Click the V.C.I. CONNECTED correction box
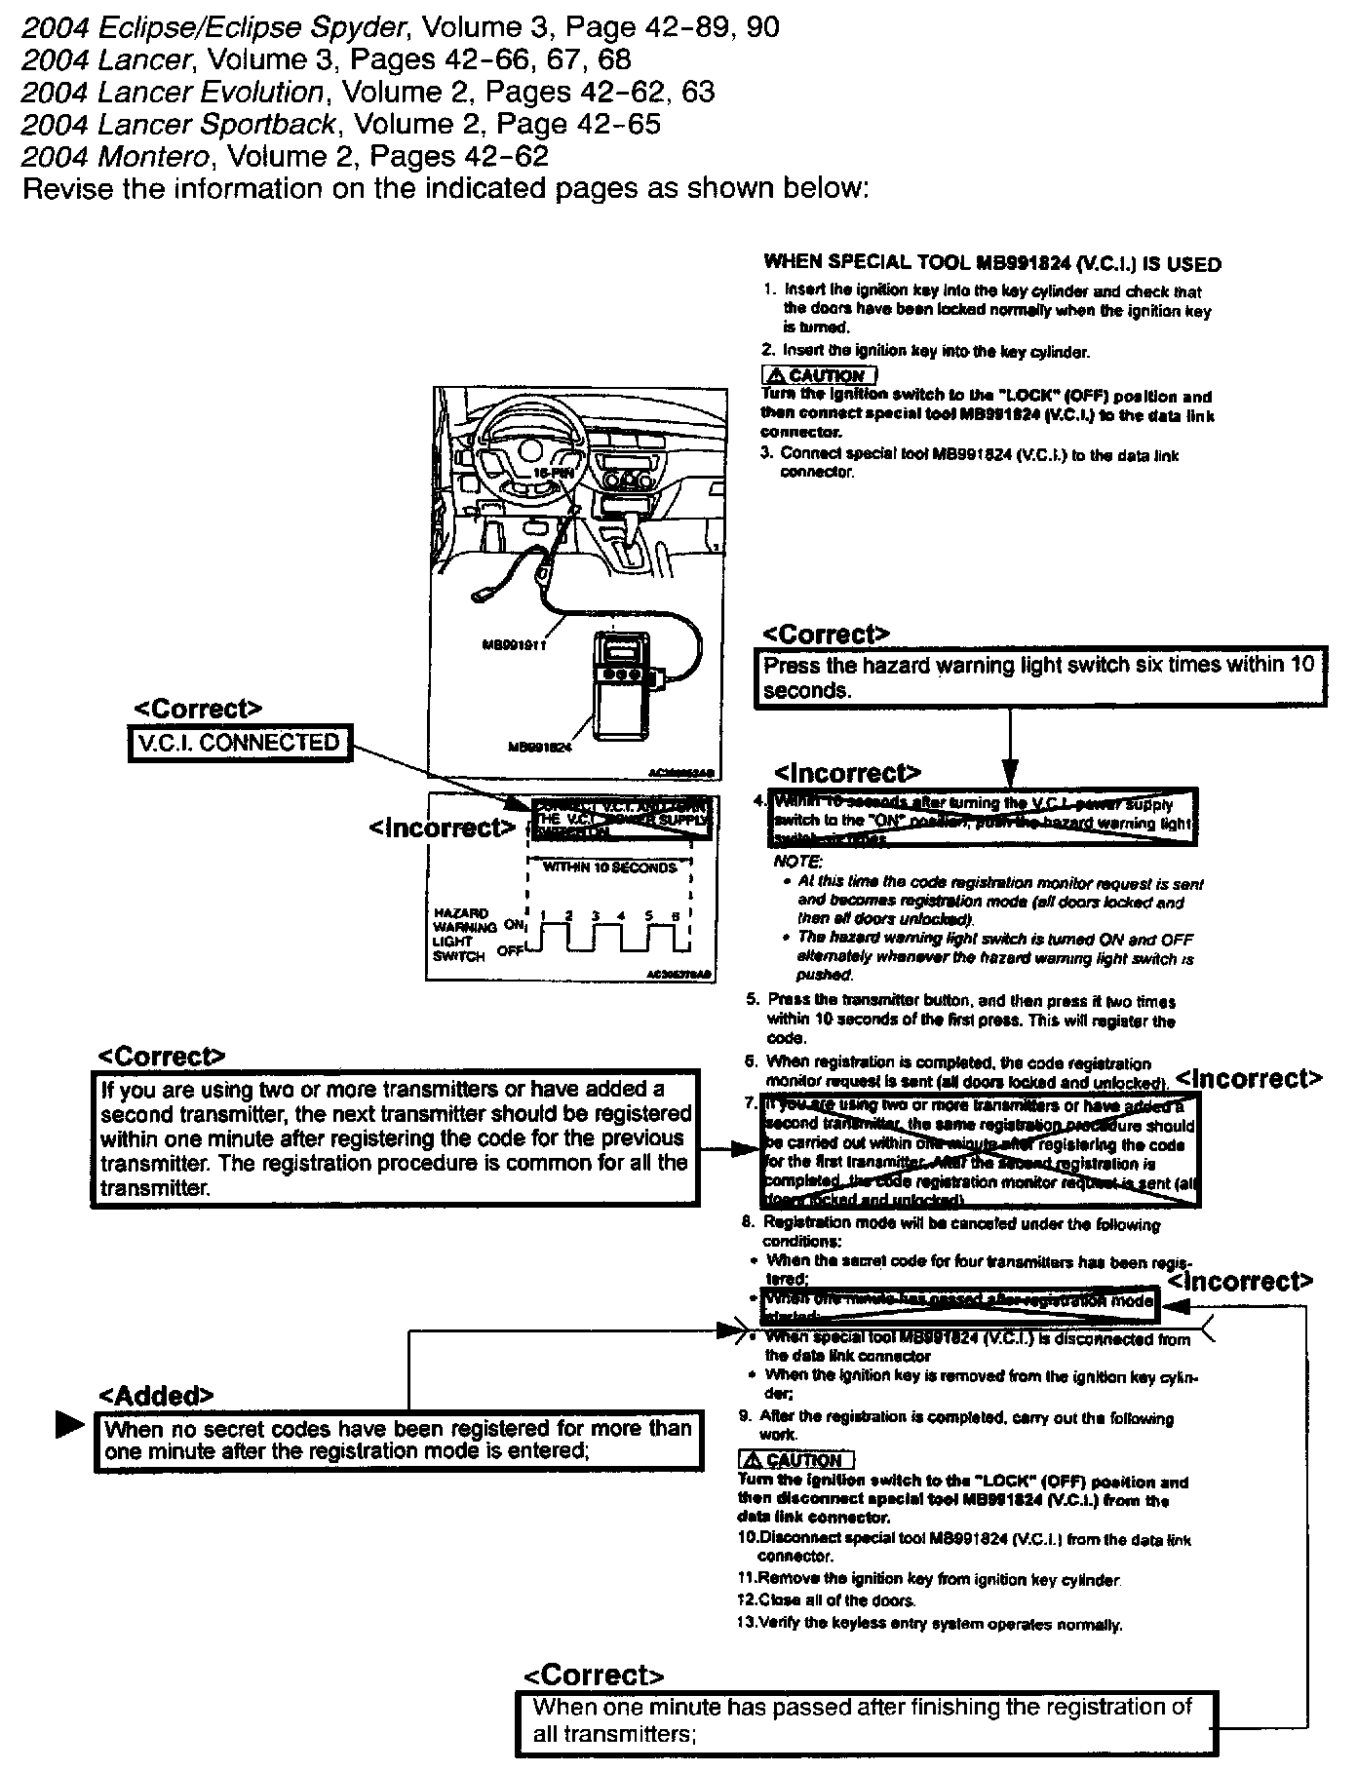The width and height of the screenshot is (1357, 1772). click(x=239, y=743)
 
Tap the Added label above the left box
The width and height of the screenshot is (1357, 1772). click(x=156, y=1395)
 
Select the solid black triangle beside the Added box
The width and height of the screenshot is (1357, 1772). click(x=69, y=1425)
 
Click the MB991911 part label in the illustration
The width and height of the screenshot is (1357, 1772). click(x=514, y=644)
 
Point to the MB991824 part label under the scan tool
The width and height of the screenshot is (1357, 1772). click(x=538, y=748)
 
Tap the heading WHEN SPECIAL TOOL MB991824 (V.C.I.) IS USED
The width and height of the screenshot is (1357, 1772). click(x=991, y=263)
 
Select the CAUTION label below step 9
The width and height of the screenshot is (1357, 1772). click(x=795, y=1459)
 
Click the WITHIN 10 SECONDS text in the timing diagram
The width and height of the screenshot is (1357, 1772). click(x=609, y=867)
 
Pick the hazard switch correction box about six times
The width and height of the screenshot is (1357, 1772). click(x=1039, y=677)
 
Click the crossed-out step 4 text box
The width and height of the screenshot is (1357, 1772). click(x=984, y=818)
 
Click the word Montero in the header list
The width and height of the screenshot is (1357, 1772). click(x=157, y=156)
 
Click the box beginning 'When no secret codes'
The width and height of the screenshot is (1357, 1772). click(x=398, y=1440)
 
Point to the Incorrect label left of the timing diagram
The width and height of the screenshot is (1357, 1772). click(x=442, y=828)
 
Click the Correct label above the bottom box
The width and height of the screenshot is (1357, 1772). click(x=594, y=1676)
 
